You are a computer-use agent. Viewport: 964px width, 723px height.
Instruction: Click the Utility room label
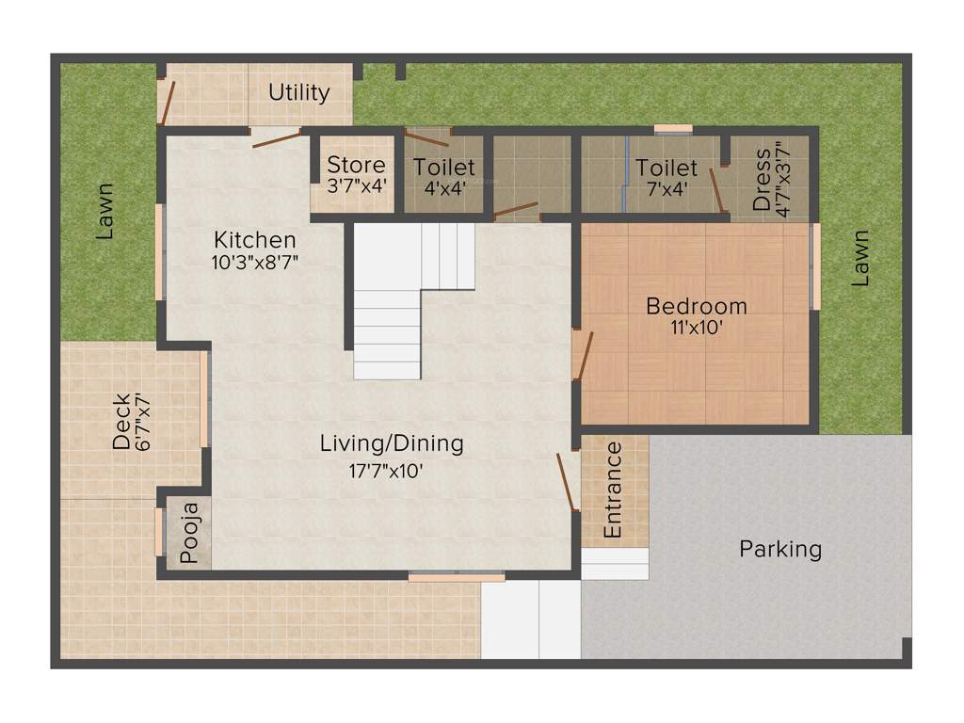pos(299,92)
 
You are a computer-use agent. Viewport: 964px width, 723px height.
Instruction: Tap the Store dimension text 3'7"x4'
pos(355,185)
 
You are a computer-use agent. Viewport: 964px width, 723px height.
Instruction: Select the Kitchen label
pos(254,240)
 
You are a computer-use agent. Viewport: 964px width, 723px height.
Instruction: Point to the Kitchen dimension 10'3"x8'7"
pos(254,262)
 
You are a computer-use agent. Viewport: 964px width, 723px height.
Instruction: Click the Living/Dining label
pos(392,442)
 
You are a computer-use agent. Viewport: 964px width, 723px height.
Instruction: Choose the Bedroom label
pos(697,306)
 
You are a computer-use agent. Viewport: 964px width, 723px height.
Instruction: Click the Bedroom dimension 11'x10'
pos(697,329)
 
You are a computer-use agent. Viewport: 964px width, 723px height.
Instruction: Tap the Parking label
pos(780,549)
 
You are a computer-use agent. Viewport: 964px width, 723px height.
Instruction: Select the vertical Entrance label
pos(613,490)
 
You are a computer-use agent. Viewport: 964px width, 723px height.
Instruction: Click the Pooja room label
pos(189,534)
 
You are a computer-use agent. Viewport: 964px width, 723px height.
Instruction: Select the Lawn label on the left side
pos(106,210)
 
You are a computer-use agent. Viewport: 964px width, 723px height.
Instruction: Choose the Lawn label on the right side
pos(860,259)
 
